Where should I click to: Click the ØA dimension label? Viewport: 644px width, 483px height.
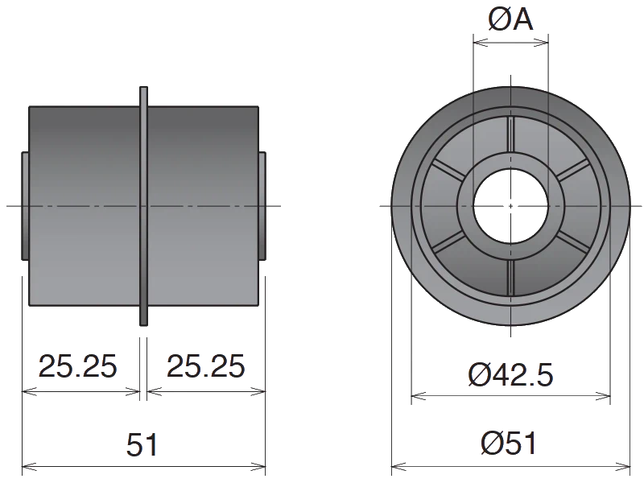pyautogui.click(x=511, y=19)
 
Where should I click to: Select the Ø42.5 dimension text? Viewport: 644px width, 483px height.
pyautogui.click(x=510, y=375)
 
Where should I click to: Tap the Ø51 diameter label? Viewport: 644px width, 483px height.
pyautogui.click(x=509, y=444)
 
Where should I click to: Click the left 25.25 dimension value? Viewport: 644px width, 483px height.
pyautogui.click(x=77, y=366)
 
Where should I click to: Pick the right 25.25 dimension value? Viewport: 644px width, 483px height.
pyautogui.click(x=205, y=366)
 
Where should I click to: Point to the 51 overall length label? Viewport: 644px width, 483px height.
pyautogui.click(x=142, y=445)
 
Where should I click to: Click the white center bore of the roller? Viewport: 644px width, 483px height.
pyautogui.click(x=510, y=206)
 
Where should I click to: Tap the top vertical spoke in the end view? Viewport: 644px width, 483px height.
pyautogui.click(x=511, y=134)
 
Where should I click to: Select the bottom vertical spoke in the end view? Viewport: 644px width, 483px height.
pyautogui.click(x=511, y=277)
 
